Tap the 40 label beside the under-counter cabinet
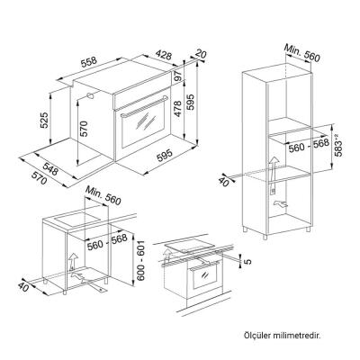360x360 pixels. (x=23, y=288)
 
